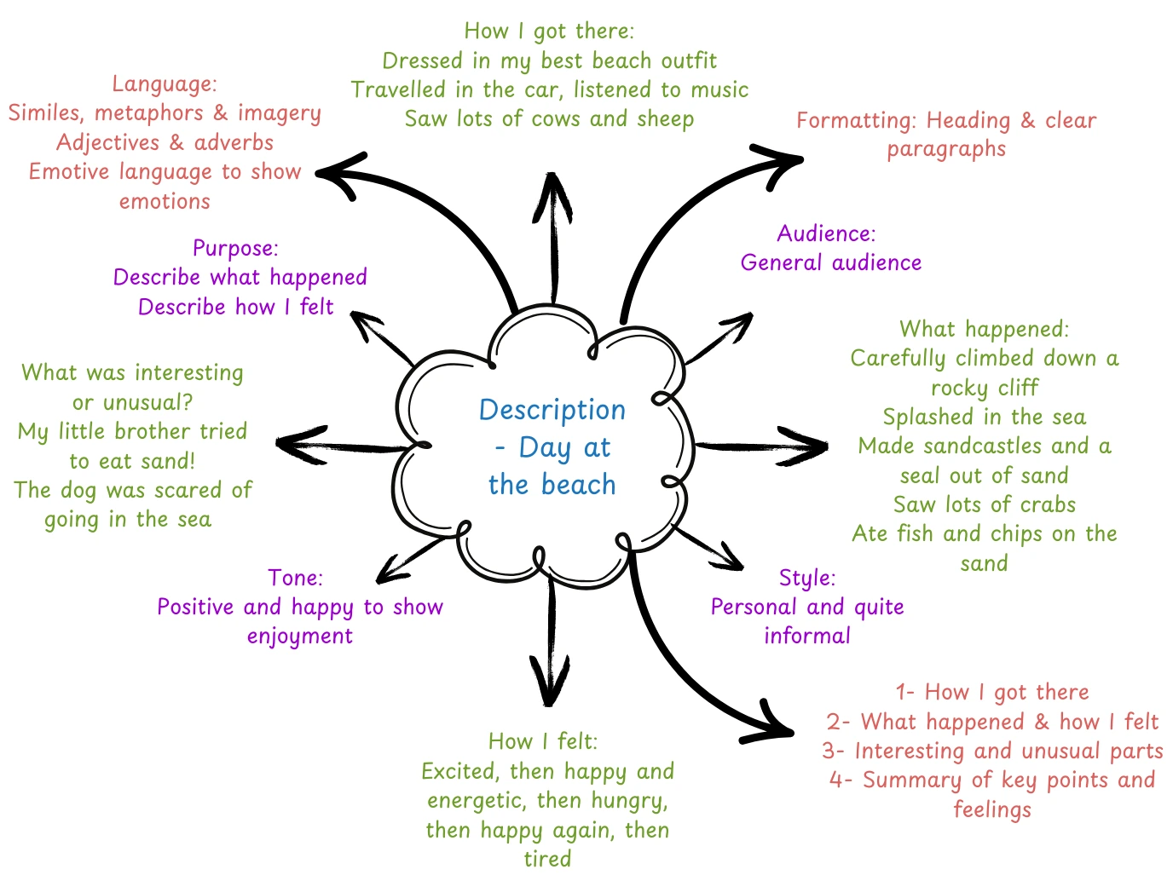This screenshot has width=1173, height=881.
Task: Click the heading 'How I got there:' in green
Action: pyautogui.click(x=549, y=32)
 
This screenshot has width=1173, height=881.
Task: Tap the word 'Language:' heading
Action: pyautogui.click(x=165, y=84)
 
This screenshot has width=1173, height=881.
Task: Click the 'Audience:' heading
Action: pyautogui.click(x=826, y=233)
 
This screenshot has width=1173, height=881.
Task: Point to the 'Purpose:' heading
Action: pyautogui.click(x=235, y=248)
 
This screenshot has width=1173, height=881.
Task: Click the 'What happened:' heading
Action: pyautogui.click(x=984, y=329)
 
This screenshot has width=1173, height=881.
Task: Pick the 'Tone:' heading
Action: pyautogui.click(x=295, y=578)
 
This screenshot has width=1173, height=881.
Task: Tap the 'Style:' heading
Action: pyautogui.click(x=806, y=578)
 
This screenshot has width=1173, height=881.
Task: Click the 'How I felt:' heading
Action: pyautogui.click(x=543, y=741)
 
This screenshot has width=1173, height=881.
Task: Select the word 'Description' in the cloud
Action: pyautogui.click(x=552, y=410)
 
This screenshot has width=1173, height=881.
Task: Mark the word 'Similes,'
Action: pyautogui.click(x=48, y=113)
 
